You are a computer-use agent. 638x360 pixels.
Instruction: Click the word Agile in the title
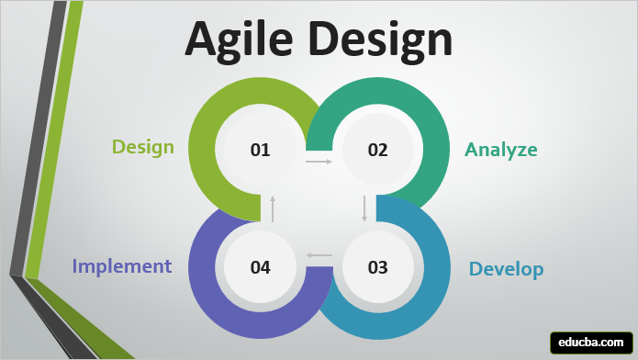(241, 39)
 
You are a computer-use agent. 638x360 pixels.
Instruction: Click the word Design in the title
(380, 39)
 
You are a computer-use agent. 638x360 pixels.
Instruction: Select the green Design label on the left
(143, 147)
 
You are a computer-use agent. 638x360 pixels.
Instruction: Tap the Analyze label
(500, 150)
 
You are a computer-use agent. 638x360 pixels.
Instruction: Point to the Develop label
(506, 269)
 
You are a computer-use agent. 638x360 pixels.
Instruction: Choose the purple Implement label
(122, 266)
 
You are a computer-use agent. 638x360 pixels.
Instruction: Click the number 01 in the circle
(260, 150)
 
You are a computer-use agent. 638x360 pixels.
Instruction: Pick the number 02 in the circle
(378, 150)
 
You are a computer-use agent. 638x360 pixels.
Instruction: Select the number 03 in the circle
(378, 267)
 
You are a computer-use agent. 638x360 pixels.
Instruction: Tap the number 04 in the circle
(260, 267)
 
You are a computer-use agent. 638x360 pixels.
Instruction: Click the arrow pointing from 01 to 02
(319, 162)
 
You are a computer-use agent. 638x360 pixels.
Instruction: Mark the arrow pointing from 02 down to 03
(364, 208)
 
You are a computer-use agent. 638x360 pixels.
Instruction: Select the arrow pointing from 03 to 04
(319, 254)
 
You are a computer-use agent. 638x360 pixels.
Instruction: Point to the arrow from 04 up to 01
(273, 208)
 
